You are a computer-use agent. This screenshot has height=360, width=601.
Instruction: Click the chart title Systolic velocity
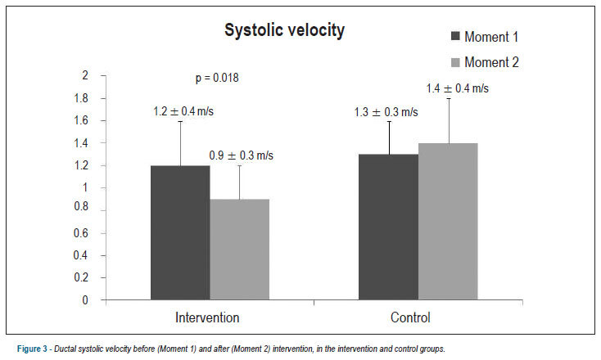pos(284,30)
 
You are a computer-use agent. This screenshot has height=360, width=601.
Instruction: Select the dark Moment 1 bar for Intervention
pos(180,232)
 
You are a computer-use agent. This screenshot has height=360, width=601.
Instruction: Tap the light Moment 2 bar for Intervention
pos(240,250)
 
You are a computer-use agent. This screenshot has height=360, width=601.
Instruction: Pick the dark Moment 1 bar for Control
pos(388,227)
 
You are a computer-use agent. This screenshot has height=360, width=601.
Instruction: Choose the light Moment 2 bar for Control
pos(448,222)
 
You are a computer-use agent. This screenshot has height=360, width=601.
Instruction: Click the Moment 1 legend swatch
pos(455,36)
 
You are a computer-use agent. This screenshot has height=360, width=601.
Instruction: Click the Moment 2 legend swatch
pos(455,62)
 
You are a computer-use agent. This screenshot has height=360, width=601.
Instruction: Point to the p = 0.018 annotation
pos(217,78)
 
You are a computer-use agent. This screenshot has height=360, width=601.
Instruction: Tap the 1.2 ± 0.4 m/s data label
pos(183,111)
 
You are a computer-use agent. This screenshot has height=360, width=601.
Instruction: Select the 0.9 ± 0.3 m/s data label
pos(241,155)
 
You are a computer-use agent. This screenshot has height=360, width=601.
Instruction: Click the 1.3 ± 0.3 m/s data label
pos(386,112)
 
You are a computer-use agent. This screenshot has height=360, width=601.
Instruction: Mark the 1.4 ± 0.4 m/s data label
pos(457,88)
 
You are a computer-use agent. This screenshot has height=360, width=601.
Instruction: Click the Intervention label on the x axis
pos(207,317)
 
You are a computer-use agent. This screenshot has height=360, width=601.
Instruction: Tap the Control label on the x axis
pos(410,317)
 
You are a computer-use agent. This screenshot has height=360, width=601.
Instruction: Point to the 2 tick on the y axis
pos(85,75)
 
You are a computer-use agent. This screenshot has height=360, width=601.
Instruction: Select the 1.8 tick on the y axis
pos(81,98)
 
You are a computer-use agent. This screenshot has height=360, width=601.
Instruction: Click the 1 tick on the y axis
pos(85,187)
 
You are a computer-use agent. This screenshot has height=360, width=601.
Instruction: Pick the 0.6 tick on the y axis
pos(81,233)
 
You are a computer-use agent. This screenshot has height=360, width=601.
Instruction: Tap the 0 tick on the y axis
pos(85,300)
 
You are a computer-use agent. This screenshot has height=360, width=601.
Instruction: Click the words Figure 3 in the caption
pos(32,349)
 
